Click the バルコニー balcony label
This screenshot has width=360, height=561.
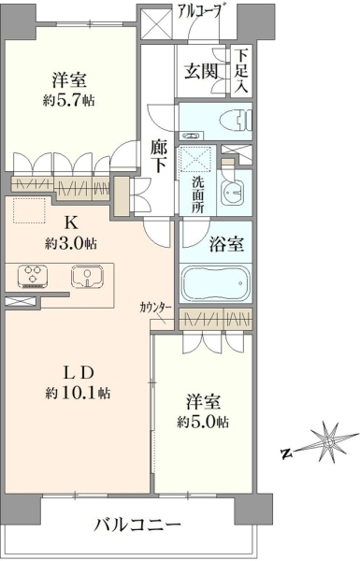point(137,525)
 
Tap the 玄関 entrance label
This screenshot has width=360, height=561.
point(201,71)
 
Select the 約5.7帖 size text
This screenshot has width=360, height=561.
point(68,101)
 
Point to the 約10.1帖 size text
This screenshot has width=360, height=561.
point(78,394)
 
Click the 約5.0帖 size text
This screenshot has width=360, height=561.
point(203,423)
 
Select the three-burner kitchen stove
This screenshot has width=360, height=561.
point(34,277)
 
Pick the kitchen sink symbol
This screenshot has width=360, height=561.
point(87,276)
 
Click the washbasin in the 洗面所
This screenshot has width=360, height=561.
point(233,194)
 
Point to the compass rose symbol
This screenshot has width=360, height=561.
point(328,442)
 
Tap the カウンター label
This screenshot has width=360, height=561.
point(155,307)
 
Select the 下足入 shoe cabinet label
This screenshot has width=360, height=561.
point(241,70)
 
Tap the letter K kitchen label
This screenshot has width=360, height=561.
point(70,223)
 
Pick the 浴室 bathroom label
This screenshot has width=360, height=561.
point(227,245)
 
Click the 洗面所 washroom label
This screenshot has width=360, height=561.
point(197,195)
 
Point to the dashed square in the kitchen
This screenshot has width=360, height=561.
point(29,210)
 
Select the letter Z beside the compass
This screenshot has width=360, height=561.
point(286,453)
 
